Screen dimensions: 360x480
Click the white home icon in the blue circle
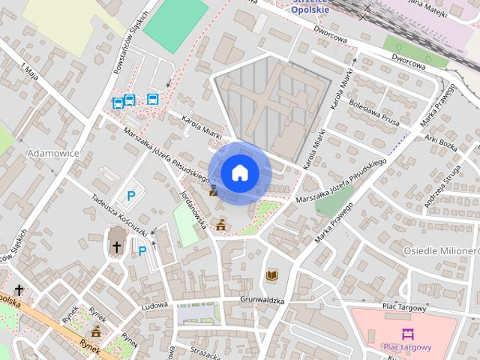(239, 172)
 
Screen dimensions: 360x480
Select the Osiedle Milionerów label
(441, 250)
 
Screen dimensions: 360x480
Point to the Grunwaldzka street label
(262, 301)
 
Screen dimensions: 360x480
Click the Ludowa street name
(154, 306)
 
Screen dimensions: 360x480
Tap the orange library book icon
(271, 276)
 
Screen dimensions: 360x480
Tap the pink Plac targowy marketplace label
(407, 346)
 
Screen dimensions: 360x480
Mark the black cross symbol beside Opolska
(19, 290)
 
